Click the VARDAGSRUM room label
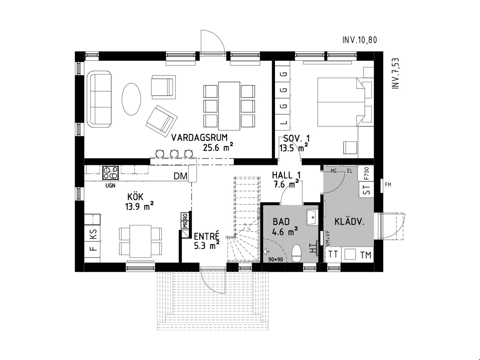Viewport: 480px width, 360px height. pos(199,138)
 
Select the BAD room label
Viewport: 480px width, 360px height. pos(281,222)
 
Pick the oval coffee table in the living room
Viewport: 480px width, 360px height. pos(131,99)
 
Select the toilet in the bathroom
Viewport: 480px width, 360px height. pos(297,253)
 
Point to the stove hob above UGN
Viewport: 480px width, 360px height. pos(111,173)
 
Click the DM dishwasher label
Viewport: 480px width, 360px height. pos(180,176)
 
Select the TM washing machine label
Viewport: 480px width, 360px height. pos(366,255)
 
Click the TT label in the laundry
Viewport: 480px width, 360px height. pos(333,254)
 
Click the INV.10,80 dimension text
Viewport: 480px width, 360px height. pos(360,40)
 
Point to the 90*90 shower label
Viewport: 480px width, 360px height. pos(275,259)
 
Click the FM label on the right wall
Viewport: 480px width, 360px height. pos(388,185)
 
